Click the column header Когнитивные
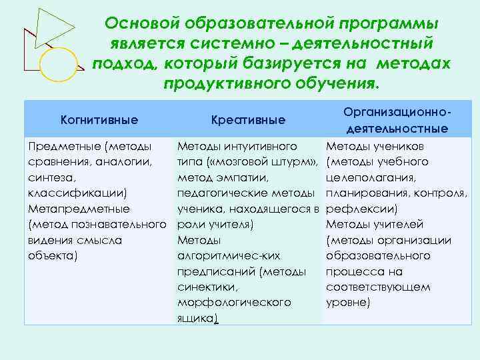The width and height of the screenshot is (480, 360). tap(99, 120)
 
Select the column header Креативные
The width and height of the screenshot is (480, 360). tap(248, 120)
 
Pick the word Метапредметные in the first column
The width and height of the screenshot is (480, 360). tap(77, 209)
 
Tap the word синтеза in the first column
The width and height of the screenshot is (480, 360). tap(46, 177)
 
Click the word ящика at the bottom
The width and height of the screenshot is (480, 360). tap(196, 318)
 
